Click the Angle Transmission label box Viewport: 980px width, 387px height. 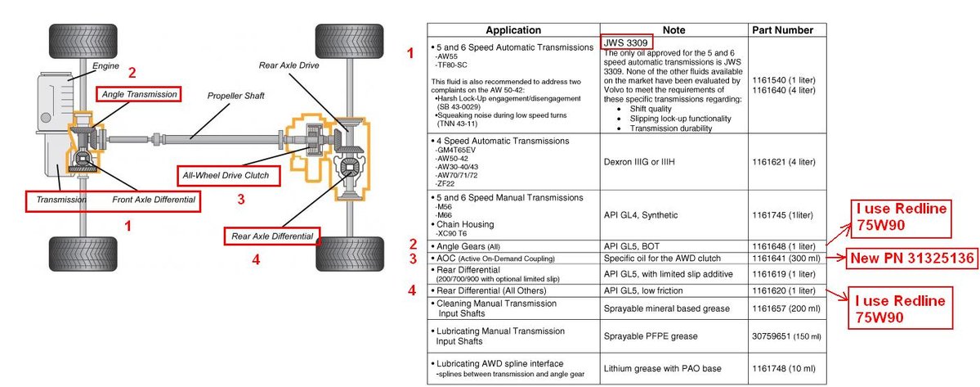[x=139, y=94]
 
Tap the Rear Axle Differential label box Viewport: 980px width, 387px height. [x=271, y=236]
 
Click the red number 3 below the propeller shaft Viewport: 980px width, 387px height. [x=240, y=198]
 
